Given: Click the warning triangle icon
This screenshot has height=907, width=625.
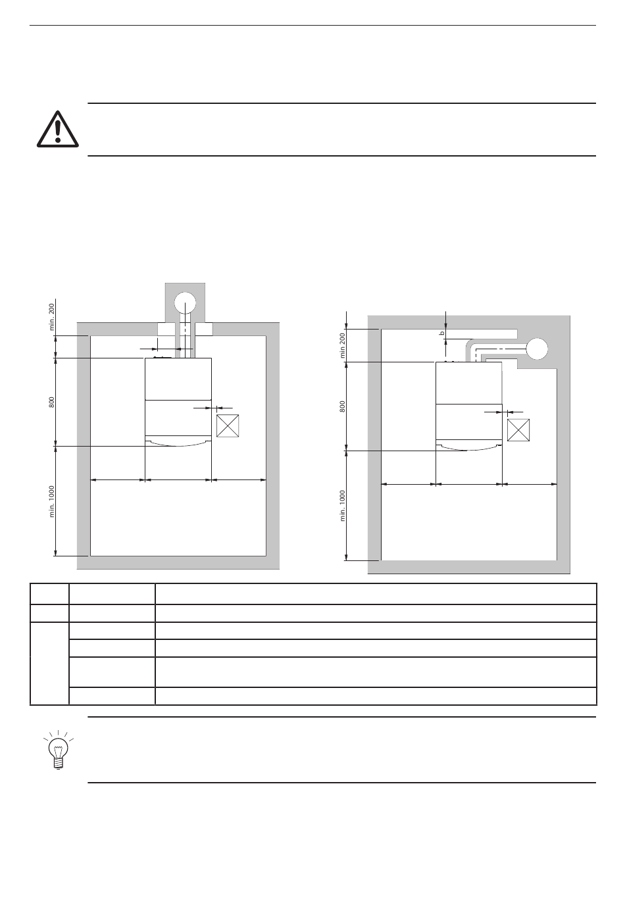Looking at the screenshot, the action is point(57,129).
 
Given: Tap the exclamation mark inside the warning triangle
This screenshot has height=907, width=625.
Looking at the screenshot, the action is point(58,131).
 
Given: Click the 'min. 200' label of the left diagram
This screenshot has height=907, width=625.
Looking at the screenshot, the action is point(52,316).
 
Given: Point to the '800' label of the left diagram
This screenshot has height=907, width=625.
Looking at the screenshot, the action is point(52,402).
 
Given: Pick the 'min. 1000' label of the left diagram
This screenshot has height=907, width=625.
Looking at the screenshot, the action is point(52,501).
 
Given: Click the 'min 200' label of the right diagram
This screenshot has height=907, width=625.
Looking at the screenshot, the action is point(343,345).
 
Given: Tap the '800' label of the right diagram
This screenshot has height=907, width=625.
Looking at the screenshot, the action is point(343,406).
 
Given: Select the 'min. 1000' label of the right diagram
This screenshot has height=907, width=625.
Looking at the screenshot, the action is point(343,506).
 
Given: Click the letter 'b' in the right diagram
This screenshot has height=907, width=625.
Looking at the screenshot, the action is point(442,333).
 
